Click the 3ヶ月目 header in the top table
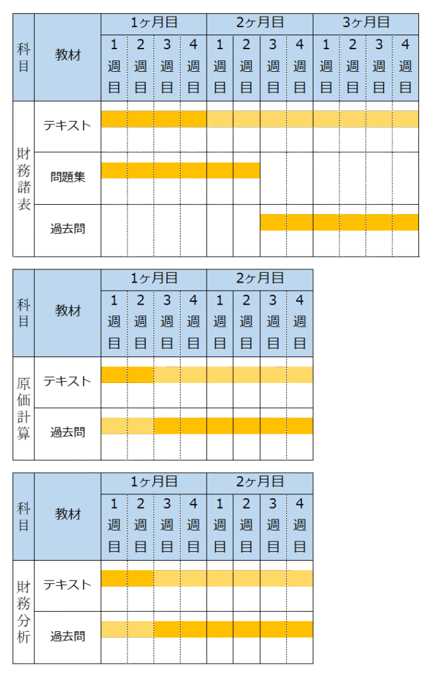(365, 22)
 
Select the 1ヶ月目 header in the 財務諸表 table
(153, 22)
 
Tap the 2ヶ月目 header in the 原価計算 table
(260, 277)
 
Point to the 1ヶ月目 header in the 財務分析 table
(153, 481)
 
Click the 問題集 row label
(68, 178)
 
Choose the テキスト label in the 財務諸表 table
(68, 125)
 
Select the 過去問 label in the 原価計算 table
(68, 433)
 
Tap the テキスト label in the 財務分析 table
(68, 585)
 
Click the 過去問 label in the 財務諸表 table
(68, 229)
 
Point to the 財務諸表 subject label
(24, 178)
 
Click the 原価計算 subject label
(24, 408)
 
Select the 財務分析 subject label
(24, 612)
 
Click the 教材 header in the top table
(68, 55)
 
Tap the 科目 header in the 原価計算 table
(24, 313)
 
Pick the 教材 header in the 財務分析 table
(68, 515)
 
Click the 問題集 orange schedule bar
(180, 170)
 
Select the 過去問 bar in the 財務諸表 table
(339, 222)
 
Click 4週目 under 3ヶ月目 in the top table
(405, 66)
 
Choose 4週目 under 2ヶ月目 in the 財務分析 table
(300, 525)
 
